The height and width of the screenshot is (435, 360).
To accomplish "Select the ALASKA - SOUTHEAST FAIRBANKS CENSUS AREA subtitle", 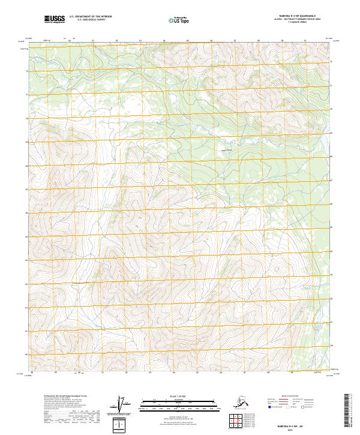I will coord(298,20).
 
